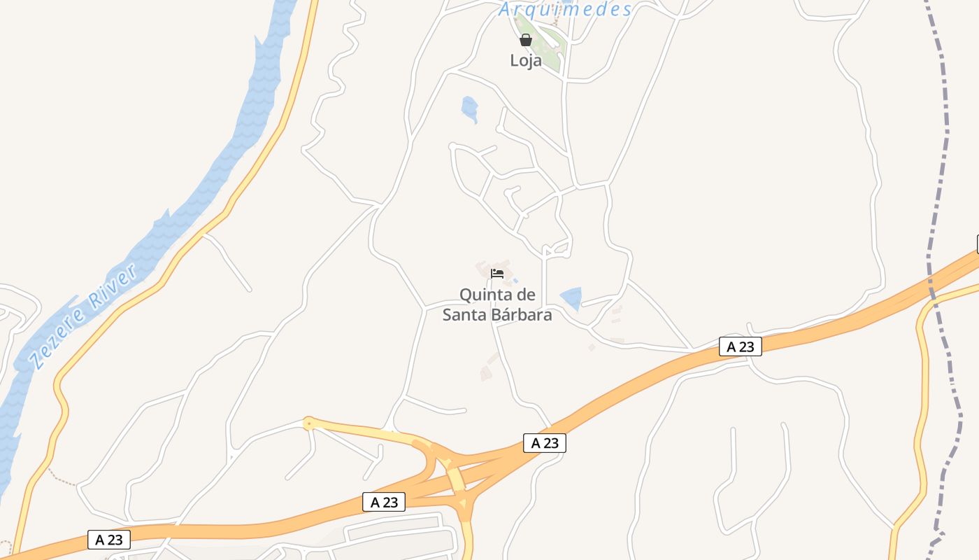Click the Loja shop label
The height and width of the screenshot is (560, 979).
click(526, 61)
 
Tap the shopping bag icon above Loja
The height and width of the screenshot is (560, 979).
click(526, 40)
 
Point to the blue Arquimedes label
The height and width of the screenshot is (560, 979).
click(565, 9)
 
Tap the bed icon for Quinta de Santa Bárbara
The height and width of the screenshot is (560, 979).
click(497, 273)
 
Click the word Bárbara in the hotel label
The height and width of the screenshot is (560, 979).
click(521, 315)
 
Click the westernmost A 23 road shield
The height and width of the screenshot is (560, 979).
click(109, 540)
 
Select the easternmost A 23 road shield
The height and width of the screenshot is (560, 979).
click(740, 346)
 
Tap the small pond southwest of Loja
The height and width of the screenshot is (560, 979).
click(469, 108)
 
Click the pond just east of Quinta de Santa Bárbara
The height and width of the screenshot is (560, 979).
click(571, 298)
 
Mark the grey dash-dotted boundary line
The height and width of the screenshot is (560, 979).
click(938, 175)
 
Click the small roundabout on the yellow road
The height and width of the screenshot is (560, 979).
click(308, 423)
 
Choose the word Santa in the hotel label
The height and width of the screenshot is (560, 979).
click(465, 315)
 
